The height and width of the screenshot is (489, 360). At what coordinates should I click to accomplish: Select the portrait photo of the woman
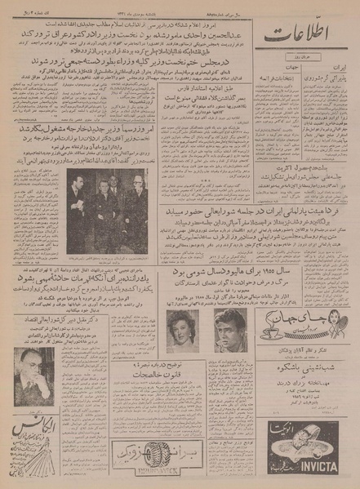tap(183, 330)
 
